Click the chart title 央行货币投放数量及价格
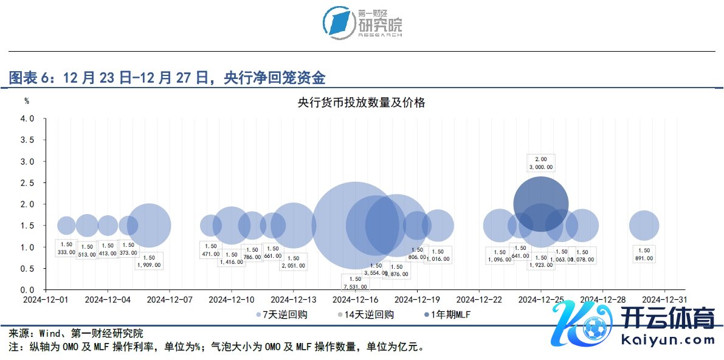coord(361,103)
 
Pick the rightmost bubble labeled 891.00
coord(644,226)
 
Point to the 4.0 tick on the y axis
coord(27,119)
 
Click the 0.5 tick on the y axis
coord(27,268)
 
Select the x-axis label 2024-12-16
coord(356,300)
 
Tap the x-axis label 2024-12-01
coord(46,300)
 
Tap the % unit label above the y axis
coord(27,101)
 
